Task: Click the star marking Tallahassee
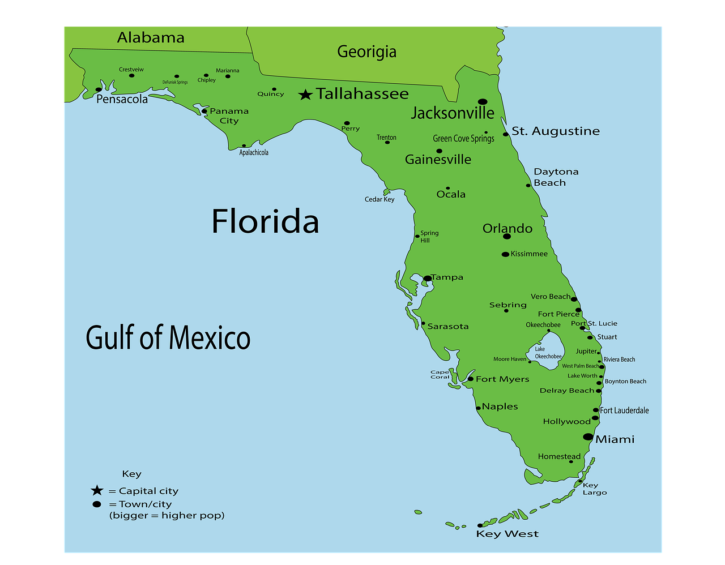pos(305,95)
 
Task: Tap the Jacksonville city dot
pos(483,102)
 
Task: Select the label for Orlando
pos(507,228)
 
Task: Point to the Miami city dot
pos(588,437)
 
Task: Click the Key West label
pos(507,534)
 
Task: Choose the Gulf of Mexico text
pos(168,337)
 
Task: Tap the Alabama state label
pos(151,38)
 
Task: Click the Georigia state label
pos(366,52)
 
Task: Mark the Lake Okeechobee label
pos(548,353)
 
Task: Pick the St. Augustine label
pos(555,131)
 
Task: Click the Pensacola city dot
pos(99,89)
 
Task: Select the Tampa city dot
pos(428,278)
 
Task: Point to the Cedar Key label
pos(379,199)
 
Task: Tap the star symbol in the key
pos(97,490)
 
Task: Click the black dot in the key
pos(97,504)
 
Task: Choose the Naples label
pos(500,406)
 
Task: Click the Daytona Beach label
pos(556,177)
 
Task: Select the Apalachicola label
pos(254,152)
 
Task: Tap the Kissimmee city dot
pos(505,254)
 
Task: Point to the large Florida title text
pos(265,221)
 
